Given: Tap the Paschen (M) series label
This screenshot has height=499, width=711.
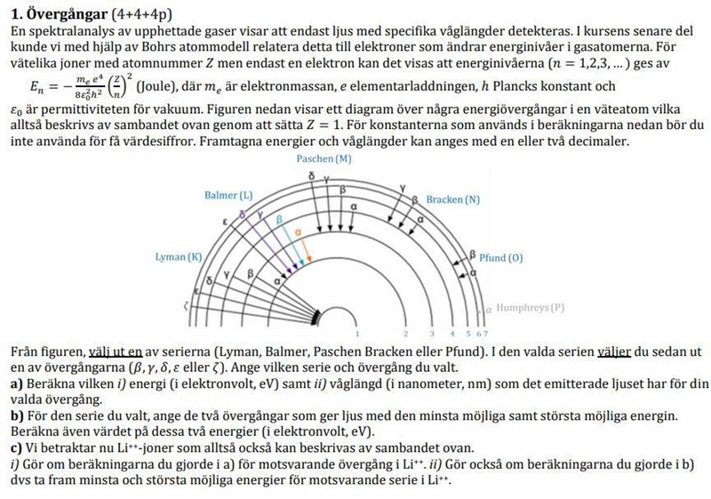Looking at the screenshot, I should [322, 157].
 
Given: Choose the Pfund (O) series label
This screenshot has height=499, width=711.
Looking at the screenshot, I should [500, 256].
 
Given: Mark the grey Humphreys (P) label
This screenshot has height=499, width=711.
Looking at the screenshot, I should [531, 308].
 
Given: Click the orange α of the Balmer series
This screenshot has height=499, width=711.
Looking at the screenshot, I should [298, 229].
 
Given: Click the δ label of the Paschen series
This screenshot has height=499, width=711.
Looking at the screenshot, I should [311, 177].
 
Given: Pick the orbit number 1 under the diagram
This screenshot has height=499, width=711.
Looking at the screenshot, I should [357, 333].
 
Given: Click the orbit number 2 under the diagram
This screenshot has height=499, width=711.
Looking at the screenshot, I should [404, 333].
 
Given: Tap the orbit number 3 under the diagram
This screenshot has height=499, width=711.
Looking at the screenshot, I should [431, 333].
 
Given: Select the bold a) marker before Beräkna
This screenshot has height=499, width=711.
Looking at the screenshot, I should [14, 383].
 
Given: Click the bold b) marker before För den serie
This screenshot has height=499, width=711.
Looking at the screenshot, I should [14, 414].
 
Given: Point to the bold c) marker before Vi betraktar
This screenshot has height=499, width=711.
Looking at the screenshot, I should [14, 446].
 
